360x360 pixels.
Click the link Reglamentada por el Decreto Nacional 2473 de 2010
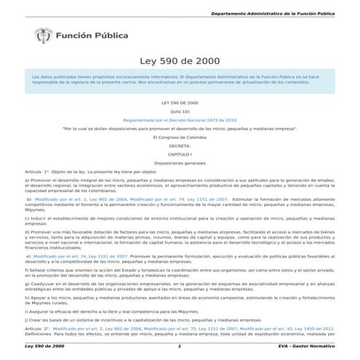click(x=180, y=119)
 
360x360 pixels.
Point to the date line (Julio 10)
click(x=180, y=112)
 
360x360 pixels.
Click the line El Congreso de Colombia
click(x=180, y=136)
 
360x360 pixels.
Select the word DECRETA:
click(x=180, y=145)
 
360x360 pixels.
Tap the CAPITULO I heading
click(x=180, y=153)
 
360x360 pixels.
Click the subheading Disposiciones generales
click(x=180, y=162)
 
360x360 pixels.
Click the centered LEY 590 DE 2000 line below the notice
click(x=180, y=103)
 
